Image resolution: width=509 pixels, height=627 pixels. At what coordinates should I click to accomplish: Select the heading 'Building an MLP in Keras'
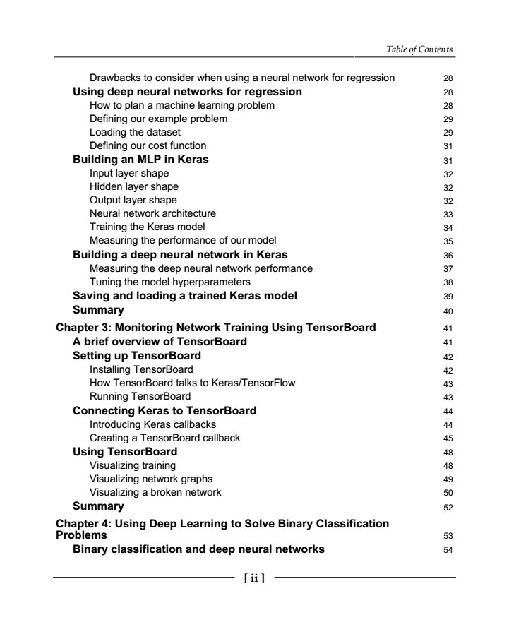(x=140, y=160)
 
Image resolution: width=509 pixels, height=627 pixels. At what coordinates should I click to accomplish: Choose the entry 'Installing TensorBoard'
(x=141, y=369)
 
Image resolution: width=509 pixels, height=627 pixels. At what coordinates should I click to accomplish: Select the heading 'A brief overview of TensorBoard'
(x=160, y=342)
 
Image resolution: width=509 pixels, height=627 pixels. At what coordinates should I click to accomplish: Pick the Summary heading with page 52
(x=98, y=506)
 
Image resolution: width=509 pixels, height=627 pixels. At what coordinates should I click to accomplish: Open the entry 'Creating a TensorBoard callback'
(x=164, y=438)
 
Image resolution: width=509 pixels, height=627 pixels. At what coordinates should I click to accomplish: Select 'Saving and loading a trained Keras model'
(x=185, y=296)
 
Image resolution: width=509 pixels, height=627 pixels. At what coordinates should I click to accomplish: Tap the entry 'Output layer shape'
(x=133, y=200)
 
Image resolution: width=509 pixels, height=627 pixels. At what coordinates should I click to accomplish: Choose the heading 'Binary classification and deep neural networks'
(x=199, y=551)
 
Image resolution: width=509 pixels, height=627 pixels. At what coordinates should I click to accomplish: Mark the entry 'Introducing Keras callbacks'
(x=153, y=424)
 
